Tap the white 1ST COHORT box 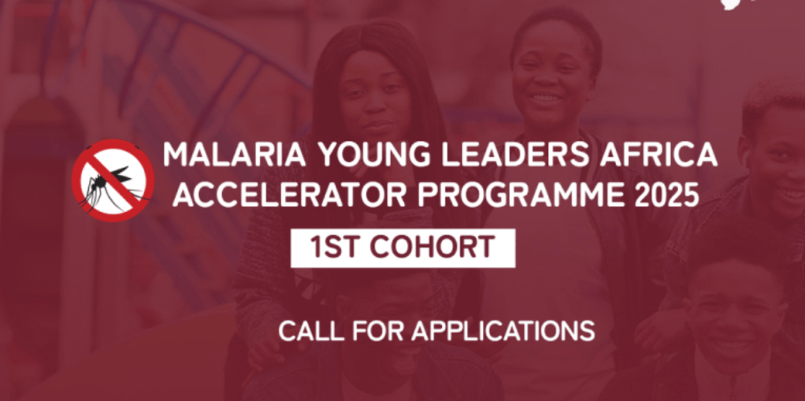[402, 248]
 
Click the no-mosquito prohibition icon [113, 180]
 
